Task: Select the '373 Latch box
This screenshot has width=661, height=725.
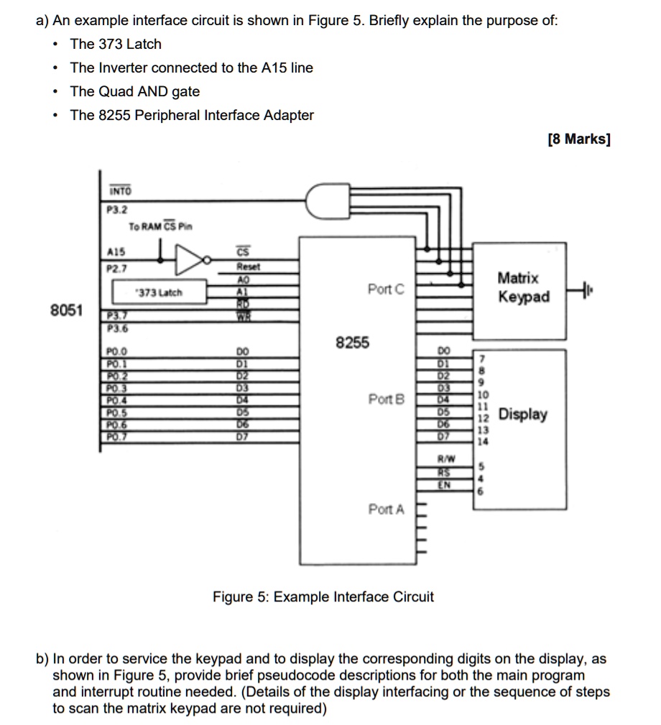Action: pos(159,292)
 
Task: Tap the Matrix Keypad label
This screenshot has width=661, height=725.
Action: pos(522,287)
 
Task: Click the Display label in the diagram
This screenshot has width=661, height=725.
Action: pos(522,415)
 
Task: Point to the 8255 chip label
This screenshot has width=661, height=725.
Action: pos(352,343)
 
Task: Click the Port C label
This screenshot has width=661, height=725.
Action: pos(386,290)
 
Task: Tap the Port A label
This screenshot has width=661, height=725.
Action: pos(386,509)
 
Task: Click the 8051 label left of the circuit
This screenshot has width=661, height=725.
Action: pos(67,311)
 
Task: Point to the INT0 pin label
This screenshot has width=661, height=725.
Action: pos(119,191)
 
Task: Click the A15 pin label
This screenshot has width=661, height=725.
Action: pos(116,251)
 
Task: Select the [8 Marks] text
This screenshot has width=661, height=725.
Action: pos(578,139)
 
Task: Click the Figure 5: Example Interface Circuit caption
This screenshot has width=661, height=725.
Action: pos(323,597)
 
